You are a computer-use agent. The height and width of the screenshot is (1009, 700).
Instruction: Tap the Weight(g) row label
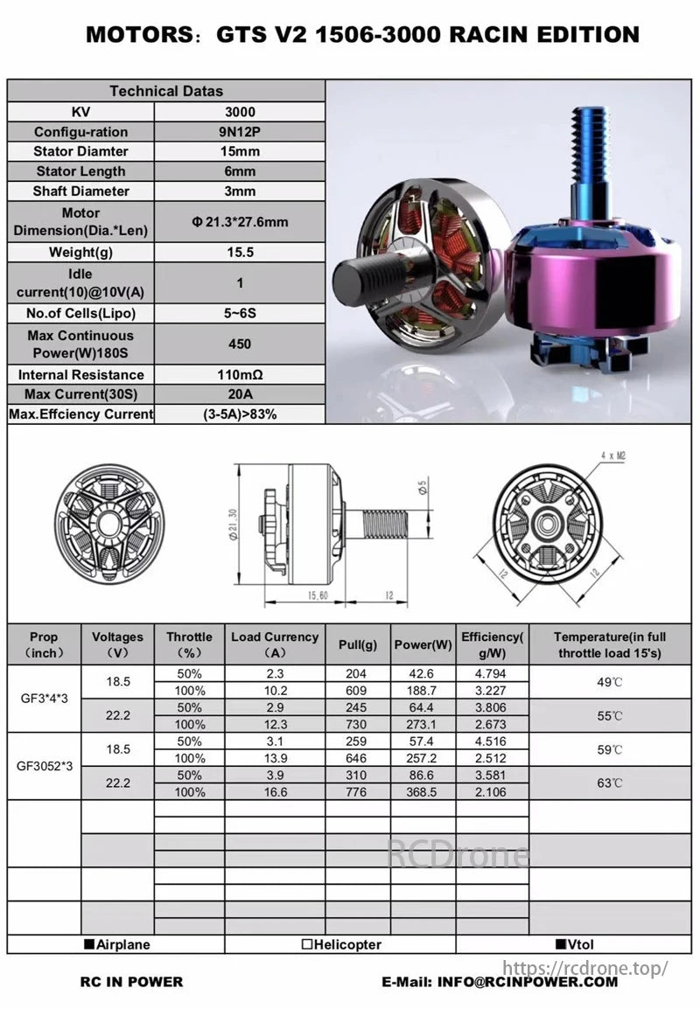(80, 253)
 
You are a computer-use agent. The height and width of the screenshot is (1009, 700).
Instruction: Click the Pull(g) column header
(358, 644)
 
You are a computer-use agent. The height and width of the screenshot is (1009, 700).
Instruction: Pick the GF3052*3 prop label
(44, 766)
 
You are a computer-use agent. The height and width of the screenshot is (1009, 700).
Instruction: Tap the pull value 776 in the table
(358, 792)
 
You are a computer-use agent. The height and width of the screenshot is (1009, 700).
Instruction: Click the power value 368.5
(423, 792)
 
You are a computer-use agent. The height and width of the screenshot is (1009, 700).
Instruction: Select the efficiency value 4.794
(493, 674)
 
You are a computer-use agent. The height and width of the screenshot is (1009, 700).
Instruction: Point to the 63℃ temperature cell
(610, 783)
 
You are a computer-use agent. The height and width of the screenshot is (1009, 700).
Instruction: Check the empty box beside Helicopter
(305, 944)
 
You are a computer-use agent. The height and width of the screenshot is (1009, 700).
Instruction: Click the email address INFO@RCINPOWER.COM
(500, 982)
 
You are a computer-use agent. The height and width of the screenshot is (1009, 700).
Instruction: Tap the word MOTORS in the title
(135, 35)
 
